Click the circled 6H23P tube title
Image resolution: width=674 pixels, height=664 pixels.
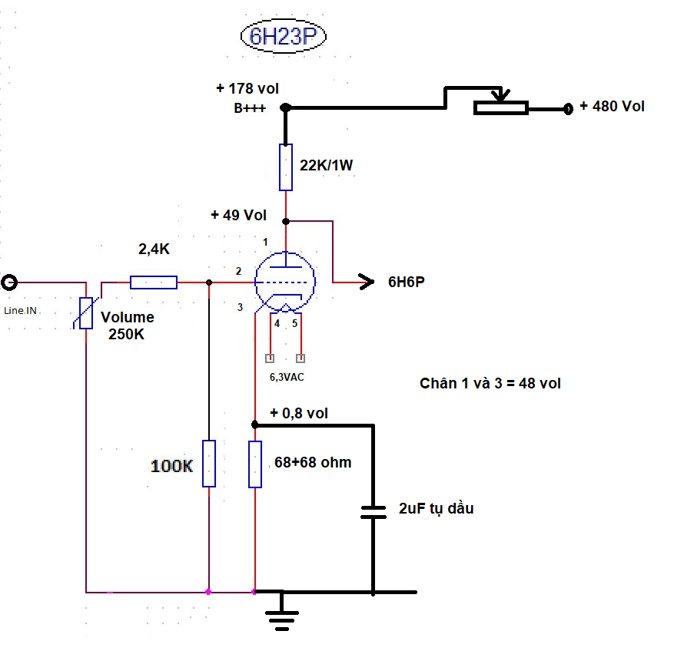[284, 36]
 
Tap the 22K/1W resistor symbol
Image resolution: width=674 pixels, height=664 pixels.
[286, 167]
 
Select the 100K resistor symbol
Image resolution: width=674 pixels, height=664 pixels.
[209, 464]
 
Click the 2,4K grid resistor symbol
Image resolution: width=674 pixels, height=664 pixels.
[154, 282]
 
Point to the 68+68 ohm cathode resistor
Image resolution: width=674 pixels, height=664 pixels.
[255, 464]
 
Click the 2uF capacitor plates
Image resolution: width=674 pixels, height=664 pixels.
[373, 512]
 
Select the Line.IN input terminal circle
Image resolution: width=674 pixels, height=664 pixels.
[9, 282]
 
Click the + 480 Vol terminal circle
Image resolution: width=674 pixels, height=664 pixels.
[568, 108]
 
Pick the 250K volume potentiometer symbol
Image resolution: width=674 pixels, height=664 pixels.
[86, 313]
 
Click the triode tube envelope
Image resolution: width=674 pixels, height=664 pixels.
[285, 282]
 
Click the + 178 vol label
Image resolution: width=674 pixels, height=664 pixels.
[247, 88]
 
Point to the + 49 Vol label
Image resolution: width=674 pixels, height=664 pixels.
[239, 215]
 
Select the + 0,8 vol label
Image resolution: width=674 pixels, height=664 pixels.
[299, 413]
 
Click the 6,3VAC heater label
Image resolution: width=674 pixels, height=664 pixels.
[287, 377]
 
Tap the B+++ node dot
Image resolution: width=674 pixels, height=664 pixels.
[285, 107]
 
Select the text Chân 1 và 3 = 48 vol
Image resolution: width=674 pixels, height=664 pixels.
[490, 383]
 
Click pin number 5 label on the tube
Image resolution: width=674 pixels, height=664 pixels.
[295, 323]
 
